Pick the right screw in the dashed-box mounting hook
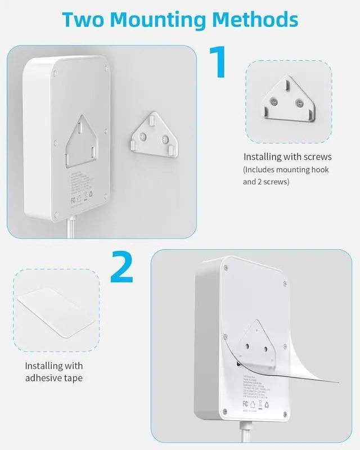pos(300,103)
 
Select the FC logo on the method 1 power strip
pos(73,200)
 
